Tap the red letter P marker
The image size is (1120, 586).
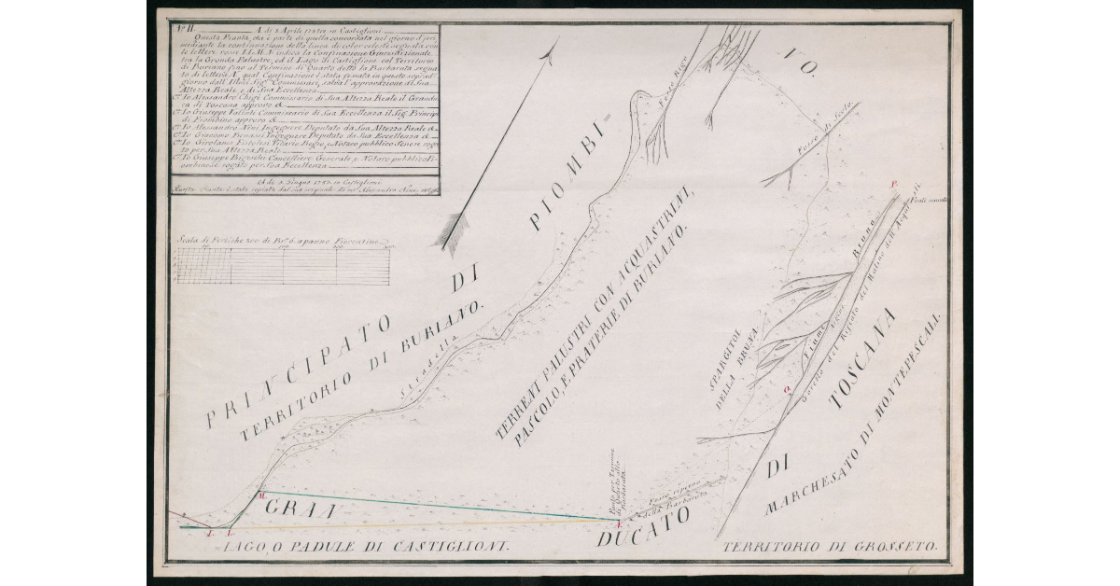pyautogui.click(x=894, y=185)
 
